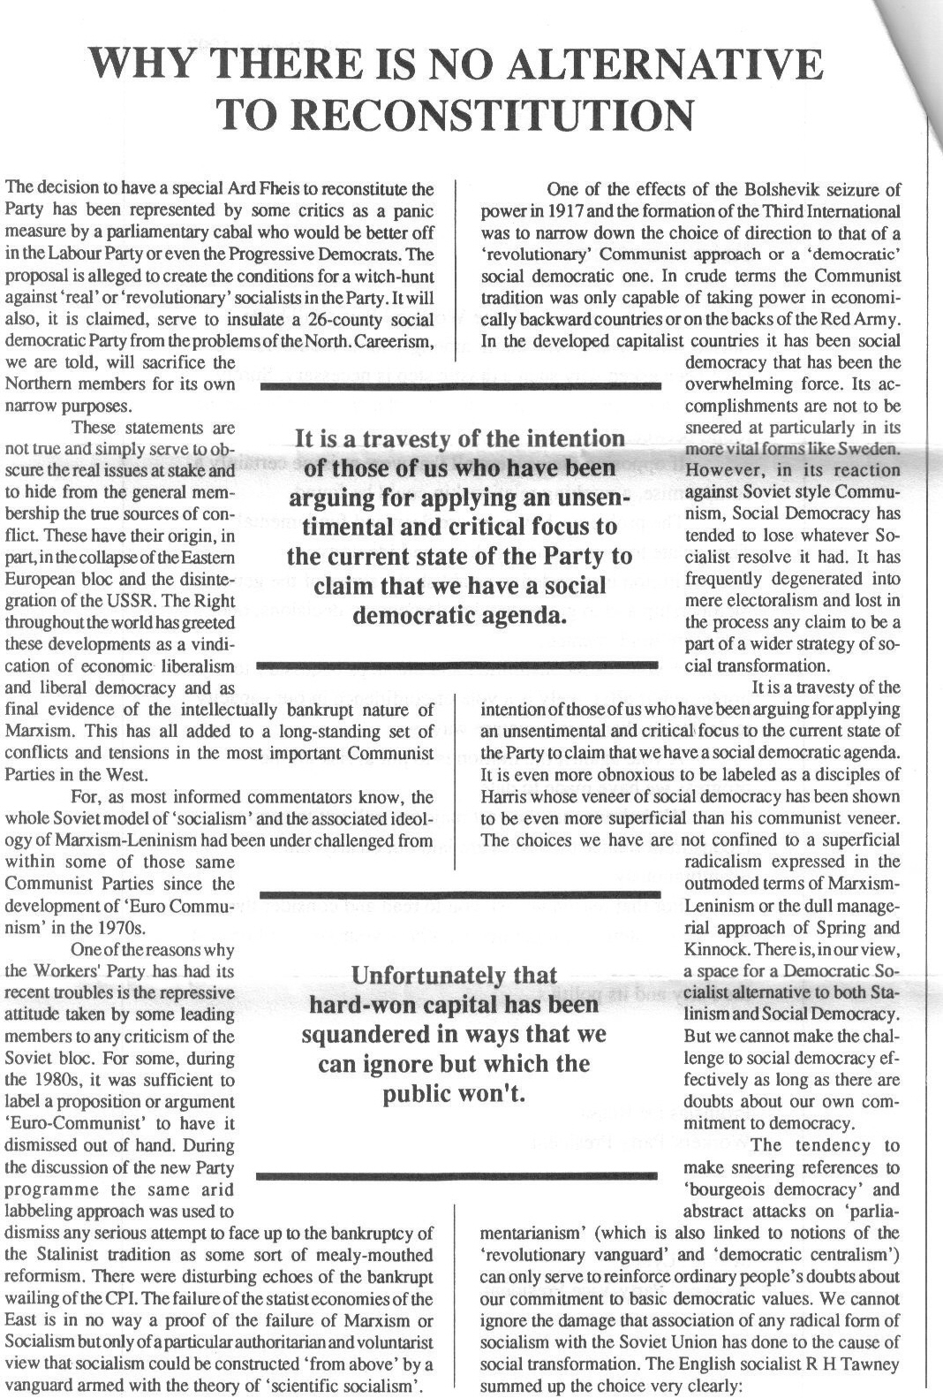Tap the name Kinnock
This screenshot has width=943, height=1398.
tap(715, 950)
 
